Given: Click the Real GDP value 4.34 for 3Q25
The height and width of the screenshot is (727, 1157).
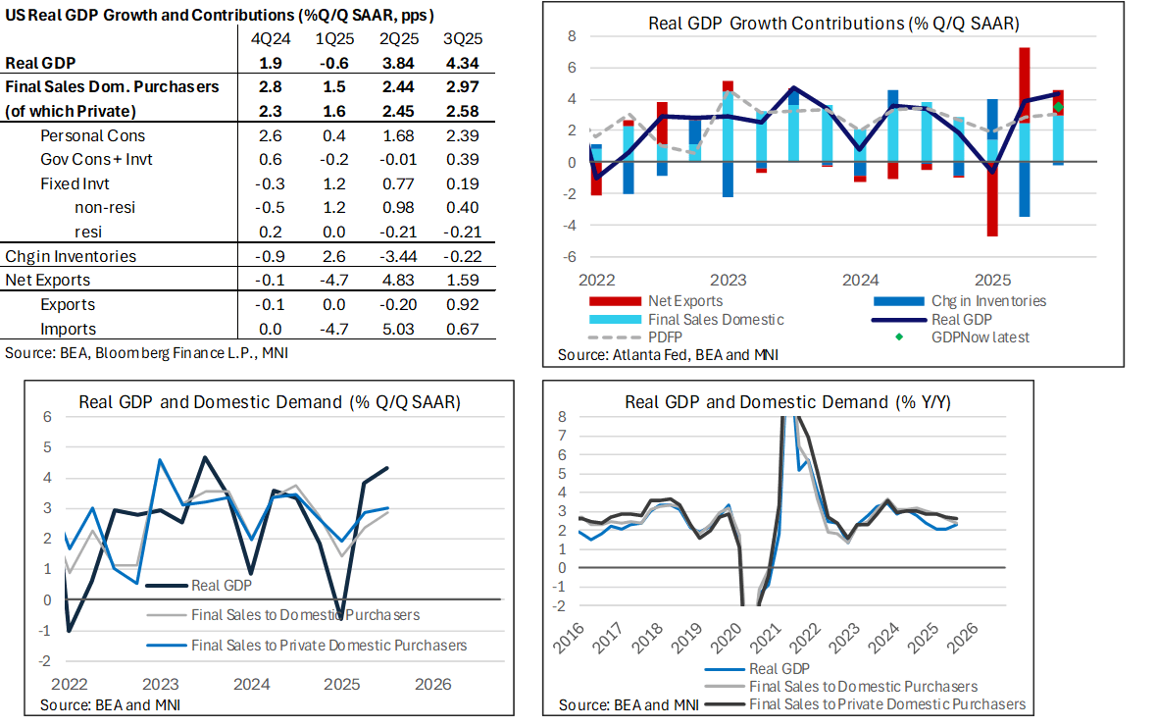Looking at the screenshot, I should point(461,62).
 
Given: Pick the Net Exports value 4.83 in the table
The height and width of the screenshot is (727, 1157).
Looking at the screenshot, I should point(397,280).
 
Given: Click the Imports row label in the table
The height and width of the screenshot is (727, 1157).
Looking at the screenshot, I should point(68,329).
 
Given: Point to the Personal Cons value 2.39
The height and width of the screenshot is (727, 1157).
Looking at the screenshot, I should point(461,134).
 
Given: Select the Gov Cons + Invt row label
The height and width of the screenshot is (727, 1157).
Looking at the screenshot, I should point(96,158).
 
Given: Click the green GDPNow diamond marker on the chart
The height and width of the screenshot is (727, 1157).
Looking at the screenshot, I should point(1058,106).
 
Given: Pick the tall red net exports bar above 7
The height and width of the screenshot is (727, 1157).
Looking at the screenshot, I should point(1024,83).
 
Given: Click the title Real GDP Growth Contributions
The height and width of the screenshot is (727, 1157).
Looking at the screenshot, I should point(832,23).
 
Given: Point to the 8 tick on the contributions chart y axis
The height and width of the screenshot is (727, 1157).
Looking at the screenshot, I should point(572,36).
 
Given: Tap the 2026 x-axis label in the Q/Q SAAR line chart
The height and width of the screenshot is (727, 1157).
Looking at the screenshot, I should point(431,684).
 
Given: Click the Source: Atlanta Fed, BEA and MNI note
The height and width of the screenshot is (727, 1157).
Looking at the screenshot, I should point(668,354).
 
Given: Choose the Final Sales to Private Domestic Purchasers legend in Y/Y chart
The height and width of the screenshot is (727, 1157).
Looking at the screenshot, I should point(886,703).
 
